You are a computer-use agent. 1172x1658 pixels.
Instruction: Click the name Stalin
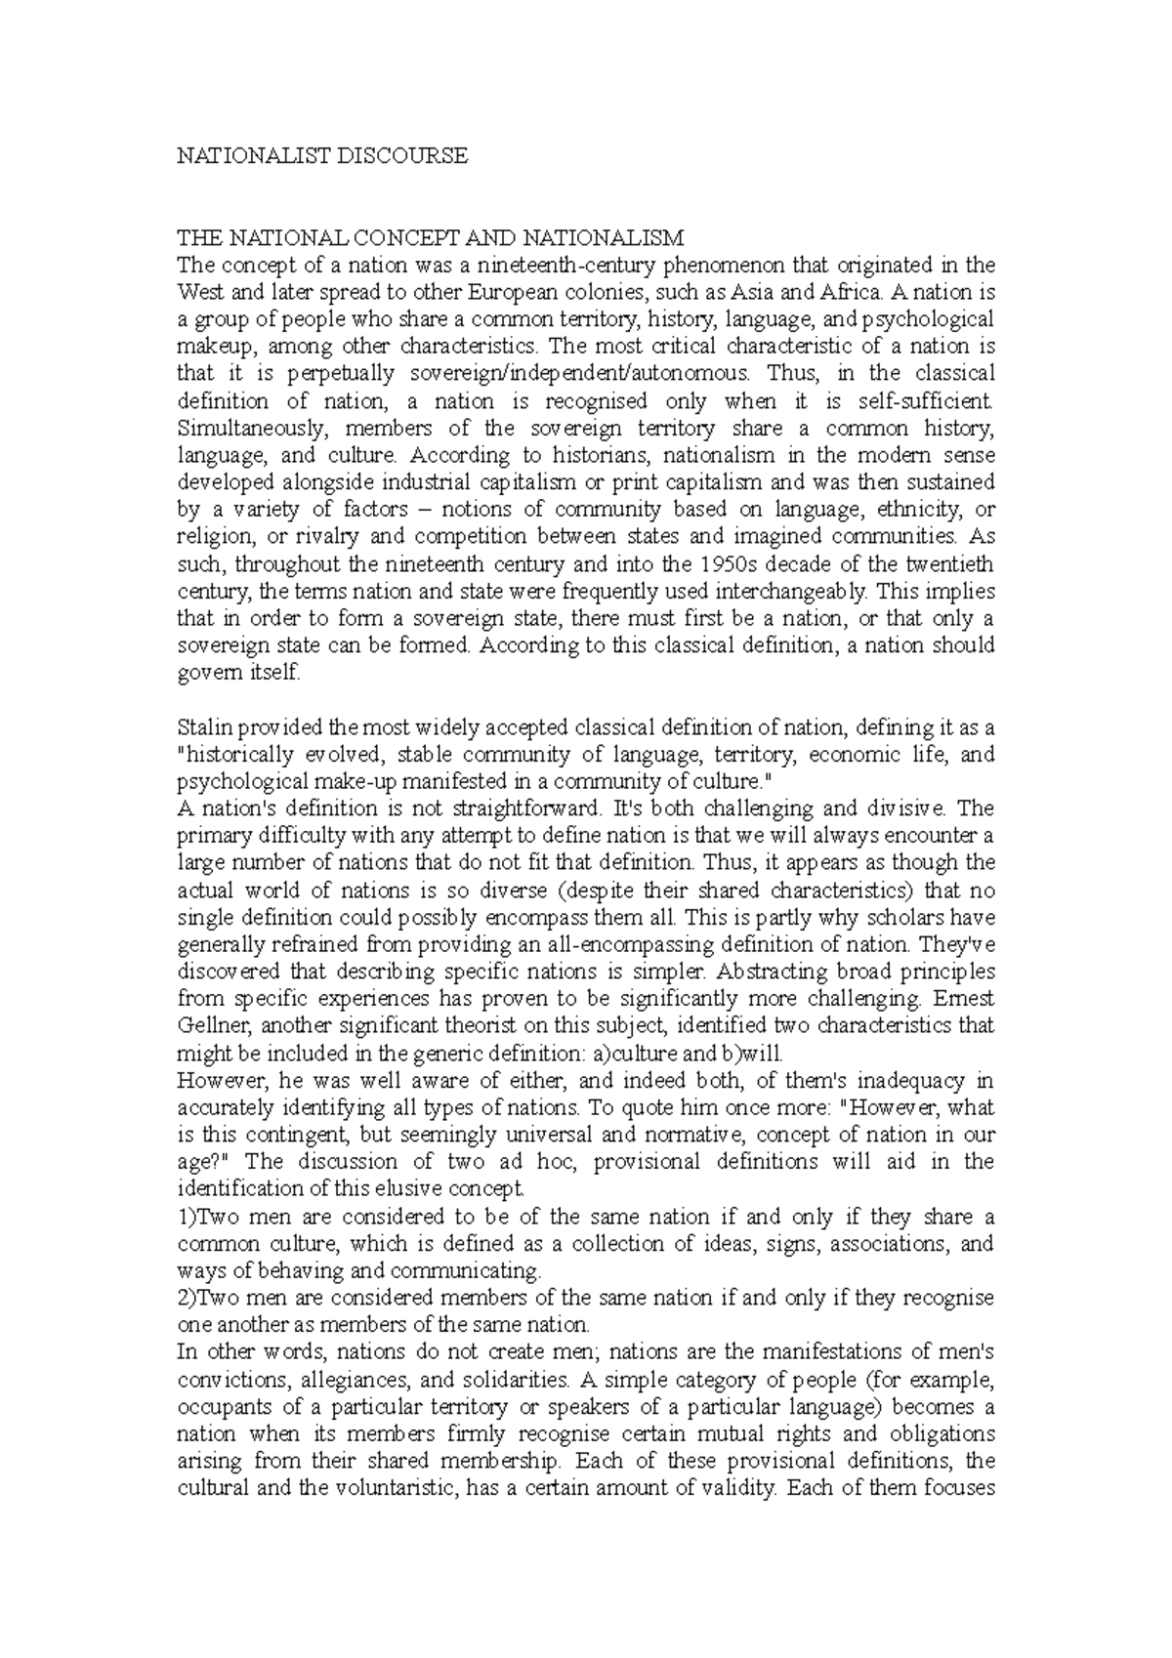[x=200, y=727]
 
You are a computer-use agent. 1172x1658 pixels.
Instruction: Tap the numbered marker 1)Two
[x=205, y=1217]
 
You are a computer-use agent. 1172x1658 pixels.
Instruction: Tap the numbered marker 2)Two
[x=205, y=1299]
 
